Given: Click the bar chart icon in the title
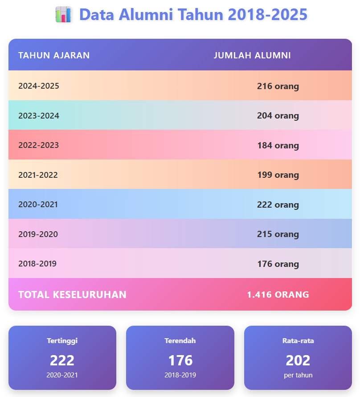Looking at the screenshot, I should [63, 15].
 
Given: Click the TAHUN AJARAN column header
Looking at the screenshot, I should [54, 55].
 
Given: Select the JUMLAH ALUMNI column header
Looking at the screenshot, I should [252, 55].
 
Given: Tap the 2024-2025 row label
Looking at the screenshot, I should [39, 86].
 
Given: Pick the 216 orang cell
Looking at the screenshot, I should [278, 86].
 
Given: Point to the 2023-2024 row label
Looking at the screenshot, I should [39, 115].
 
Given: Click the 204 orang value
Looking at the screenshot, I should [278, 116].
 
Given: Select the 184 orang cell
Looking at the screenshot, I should [278, 145].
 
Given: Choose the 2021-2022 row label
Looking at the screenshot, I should [38, 175].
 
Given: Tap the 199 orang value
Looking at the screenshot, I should [278, 175].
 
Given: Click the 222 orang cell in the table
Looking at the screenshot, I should [278, 205].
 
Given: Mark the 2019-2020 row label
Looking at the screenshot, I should [38, 234].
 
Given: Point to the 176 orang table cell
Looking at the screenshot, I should [278, 264].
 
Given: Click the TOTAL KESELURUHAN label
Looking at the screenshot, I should [72, 295].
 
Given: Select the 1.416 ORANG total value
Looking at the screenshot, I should [278, 295].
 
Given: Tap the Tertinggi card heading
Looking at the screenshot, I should [62, 341].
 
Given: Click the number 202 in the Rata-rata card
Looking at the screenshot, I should [298, 360].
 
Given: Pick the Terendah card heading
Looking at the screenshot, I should [180, 341].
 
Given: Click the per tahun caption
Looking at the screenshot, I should [298, 375].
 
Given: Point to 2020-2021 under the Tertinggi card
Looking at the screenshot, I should [62, 375].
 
